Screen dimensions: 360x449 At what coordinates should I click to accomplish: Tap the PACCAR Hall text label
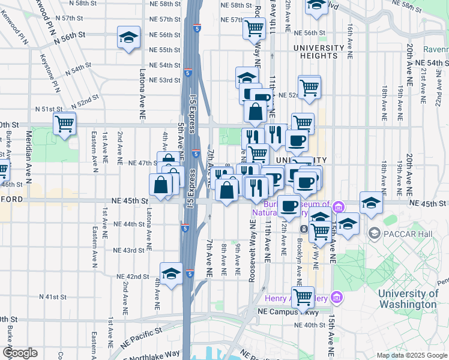coord(405,232)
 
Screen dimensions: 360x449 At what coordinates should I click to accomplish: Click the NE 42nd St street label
coord(132,276)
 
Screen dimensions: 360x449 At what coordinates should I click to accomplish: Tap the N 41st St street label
coord(53,297)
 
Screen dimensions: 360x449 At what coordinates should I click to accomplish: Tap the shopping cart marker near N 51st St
coord(64,124)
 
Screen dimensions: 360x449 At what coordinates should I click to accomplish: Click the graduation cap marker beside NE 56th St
coord(128,38)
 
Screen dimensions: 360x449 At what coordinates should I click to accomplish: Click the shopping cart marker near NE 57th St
coord(255,27)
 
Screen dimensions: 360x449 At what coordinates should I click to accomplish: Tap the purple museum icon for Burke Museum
coord(339,207)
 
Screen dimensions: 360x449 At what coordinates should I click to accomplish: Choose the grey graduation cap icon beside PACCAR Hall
coord(375,232)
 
